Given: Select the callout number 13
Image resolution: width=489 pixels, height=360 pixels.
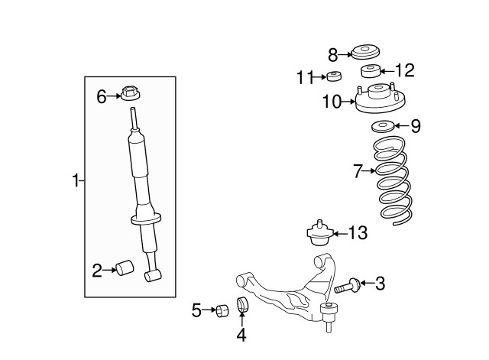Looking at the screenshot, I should pyautogui.click(x=358, y=232).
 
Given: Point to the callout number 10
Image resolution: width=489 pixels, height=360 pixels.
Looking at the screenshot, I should pyautogui.click(x=332, y=101).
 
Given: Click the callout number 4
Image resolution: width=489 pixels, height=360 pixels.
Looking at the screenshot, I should pyautogui.click(x=241, y=334).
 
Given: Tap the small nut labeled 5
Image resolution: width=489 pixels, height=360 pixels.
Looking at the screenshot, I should pyautogui.click(x=221, y=310).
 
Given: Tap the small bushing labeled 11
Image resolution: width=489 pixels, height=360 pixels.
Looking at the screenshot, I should pyautogui.click(x=332, y=76).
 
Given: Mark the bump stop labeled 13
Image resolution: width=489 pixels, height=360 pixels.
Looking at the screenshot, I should pyautogui.click(x=319, y=232).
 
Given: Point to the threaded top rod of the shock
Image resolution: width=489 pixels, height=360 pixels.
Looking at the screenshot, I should pyautogui.click(x=134, y=118).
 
